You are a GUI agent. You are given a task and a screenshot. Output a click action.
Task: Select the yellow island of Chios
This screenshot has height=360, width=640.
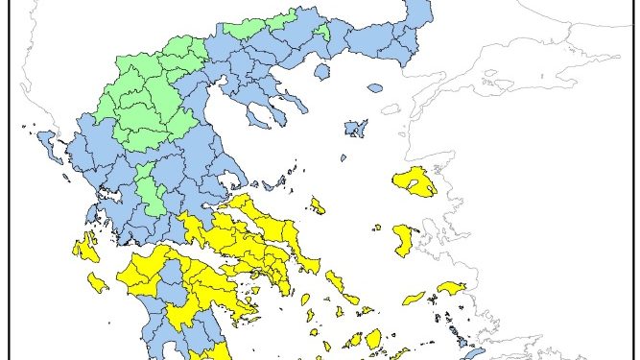404,240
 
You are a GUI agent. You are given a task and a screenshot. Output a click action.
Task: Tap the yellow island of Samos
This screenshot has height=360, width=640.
449,288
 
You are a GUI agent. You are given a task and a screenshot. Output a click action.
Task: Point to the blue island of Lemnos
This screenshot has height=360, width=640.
356,128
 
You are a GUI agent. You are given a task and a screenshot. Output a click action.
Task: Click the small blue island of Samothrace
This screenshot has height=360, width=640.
374,88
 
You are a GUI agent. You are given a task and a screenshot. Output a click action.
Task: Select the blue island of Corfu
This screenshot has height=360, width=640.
44,144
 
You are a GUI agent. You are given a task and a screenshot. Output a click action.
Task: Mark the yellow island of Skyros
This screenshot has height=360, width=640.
317,205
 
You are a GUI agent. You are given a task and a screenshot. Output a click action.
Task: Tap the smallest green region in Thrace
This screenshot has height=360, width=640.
323,32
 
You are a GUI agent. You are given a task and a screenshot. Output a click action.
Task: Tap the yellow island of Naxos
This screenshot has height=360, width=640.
373,338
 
